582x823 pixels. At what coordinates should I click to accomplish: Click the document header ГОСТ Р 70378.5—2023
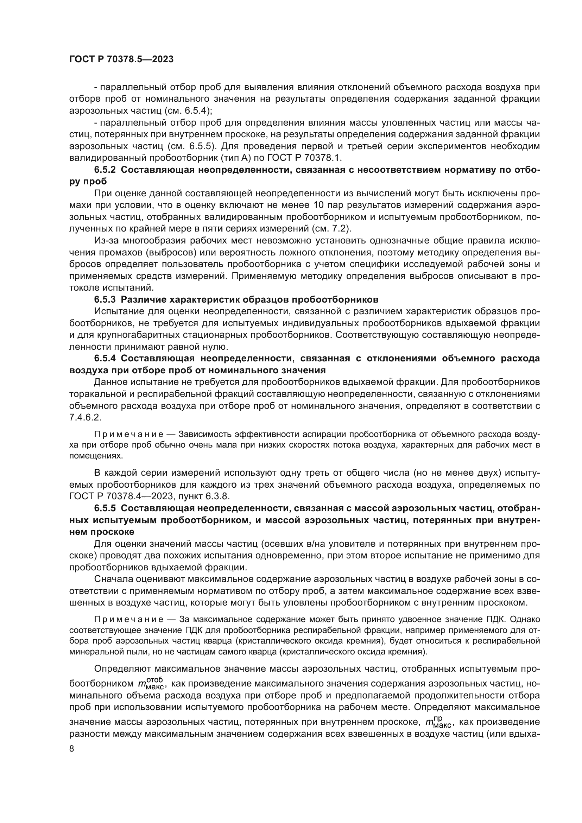(x=121, y=59)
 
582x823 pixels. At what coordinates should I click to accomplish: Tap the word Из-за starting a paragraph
(x=106, y=241)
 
